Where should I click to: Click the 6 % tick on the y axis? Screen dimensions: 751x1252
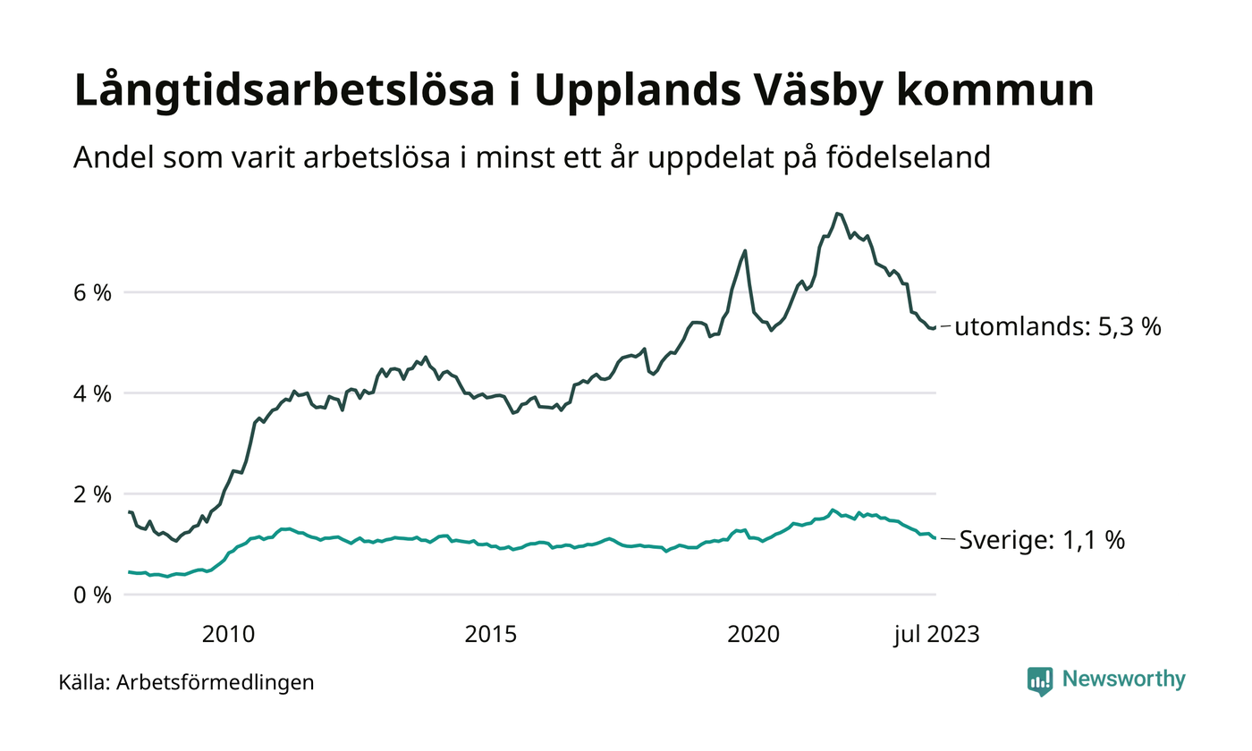pyautogui.click(x=92, y=292)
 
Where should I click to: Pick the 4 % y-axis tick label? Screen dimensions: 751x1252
pyautogui.click(x=92, y=393)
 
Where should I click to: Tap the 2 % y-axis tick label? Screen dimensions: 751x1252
pyautogui.click(x=92, y=494)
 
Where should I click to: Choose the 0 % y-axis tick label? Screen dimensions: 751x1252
pyautogui.click(x=92, y=595)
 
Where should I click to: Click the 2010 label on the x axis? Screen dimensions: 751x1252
pyautogui.click(x=228, y=635)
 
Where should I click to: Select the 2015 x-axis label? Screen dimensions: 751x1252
pyautogui.click(x=491, y=635)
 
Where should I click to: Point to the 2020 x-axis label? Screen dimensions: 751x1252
pyautogui.click(x=754, y=635)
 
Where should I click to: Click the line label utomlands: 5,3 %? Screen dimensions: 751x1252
pyautogui.click(x=1058, y=327)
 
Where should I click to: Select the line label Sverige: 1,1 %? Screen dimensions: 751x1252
pyautogui.click(x=1042, y=540)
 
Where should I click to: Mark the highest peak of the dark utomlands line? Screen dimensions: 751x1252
pyautogui.click(x=837, y=213)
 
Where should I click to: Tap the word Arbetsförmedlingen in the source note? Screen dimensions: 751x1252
pyautogui.click(x=216, y=683)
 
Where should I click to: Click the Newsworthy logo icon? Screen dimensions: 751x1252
pyautogui.click(x=1040, y=680)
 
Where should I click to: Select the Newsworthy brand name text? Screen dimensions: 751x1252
pyautogui.click(x=1124, y=679)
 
